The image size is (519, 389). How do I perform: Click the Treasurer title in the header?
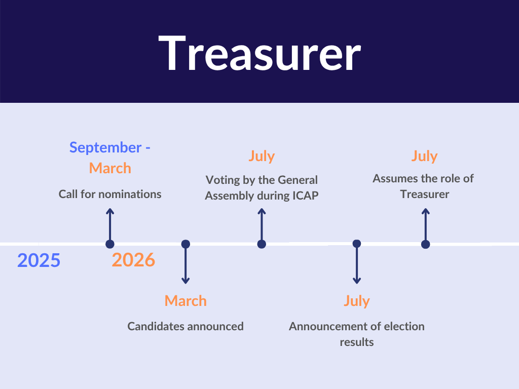pyautogui.click(x=259, y=53)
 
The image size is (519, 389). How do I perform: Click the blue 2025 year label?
pyautogui.click(x=39, y=260)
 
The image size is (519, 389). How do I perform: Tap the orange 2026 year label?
pyautogui.click(x=133, y=260)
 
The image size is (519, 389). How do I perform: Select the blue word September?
pyautogui.click(x=105, y=147)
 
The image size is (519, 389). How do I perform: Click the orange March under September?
pyautogui.click(x=110, y=168)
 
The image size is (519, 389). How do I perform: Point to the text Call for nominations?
pyautogui.click(x=110, y=194)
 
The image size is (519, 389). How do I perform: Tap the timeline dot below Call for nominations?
pyautogui.click(x=110, y=244)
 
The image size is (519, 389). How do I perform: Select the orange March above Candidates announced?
pyautogui.click(x=186, y=301)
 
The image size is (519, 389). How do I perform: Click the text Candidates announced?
pyautogui.click(x=186, y=327)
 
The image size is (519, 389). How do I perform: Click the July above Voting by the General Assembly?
pyautogui.click(x=262, y=156)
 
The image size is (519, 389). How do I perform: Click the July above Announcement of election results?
pyautogui.click(x=356, y=301)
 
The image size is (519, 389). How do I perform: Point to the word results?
pyautogui.click(x=357, y=342)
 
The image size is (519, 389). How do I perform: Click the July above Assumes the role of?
pyautogui.click(x=424, y=156)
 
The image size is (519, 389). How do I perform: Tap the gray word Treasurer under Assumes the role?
pyautogui.click(x=425, y=194)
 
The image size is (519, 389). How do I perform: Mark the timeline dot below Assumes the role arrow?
pyautogui.click(x=426, y=244)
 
